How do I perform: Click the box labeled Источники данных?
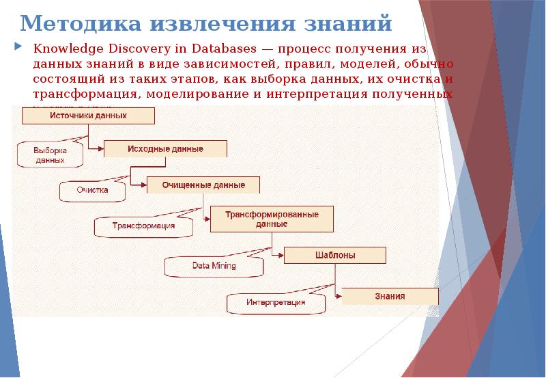pyautogui.click(x=88, y=116)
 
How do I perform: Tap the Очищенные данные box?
pyautogui.click(x=203, y=185)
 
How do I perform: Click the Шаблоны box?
pyautogui.click(x=334, y=255)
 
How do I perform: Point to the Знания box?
pyautogui.click(x=390, y=296)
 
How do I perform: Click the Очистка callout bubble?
pyautogui.click(x=93, y=191)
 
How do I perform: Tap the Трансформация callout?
pyautogui.click(x=143, y=225)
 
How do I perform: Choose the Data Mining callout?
pyautogui.click(x=214, y=265)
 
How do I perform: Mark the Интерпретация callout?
pyautogui.click(x=276, y=301)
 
